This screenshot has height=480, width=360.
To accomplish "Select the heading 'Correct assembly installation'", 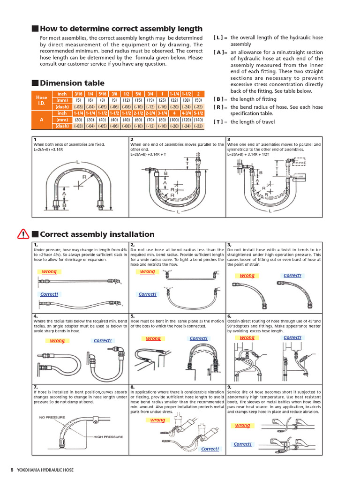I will pos(97,234).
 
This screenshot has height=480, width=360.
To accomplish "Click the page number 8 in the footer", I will pos(12,470).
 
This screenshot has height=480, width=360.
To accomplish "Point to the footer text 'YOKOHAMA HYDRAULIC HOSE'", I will pos(45,470).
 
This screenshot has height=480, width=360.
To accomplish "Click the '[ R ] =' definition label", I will pos(220,107).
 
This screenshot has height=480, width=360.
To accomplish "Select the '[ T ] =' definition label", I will pos(220,122).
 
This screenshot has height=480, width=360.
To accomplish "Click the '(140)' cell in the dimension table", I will pos(198,120).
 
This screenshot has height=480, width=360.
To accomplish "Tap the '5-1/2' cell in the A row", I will pos(198,113).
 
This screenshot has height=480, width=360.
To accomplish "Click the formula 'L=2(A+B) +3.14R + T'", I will pos(154,154).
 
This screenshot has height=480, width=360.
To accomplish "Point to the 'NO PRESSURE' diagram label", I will pos(52,417).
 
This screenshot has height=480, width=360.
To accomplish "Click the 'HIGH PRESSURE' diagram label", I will pos(108,437).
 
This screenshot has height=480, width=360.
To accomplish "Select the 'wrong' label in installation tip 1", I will pos(49,272).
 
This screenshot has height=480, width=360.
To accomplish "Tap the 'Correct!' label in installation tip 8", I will pos(210,449).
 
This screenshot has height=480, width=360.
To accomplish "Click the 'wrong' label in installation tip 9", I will pos(242,426).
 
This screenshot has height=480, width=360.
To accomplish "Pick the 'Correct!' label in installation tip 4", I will pos(103,341).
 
